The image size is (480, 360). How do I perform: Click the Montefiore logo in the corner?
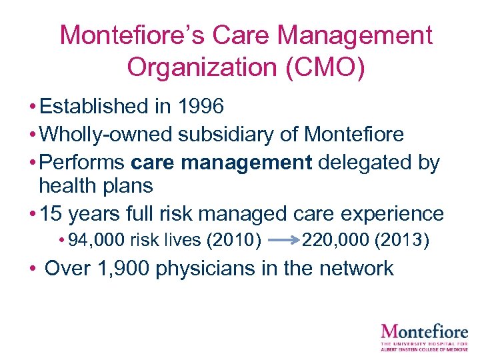[424, 335]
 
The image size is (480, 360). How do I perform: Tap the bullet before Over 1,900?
[31, 269]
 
